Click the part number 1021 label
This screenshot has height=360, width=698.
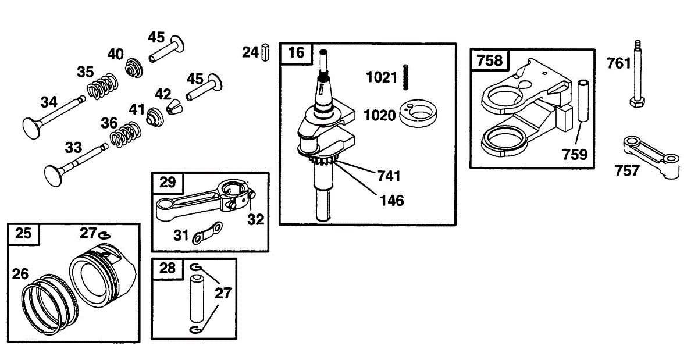pyautogui.click(x=382, y=77)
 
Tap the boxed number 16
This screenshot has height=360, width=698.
pyautogui.click(x=296, y=52)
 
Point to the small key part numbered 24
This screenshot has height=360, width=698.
pyautogui.click(x=266, y=52)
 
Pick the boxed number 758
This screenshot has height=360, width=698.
pyautogui.click(x=490, y=59)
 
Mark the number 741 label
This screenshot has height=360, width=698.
pyautogui.click(x=389, y=175)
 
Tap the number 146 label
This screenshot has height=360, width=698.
pyautogui.click(x=391, y=201)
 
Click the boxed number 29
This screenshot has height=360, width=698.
pyautogui.click(x=168, y=182)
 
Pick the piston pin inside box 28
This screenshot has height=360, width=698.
pyautogui.click(x=197, y=298)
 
